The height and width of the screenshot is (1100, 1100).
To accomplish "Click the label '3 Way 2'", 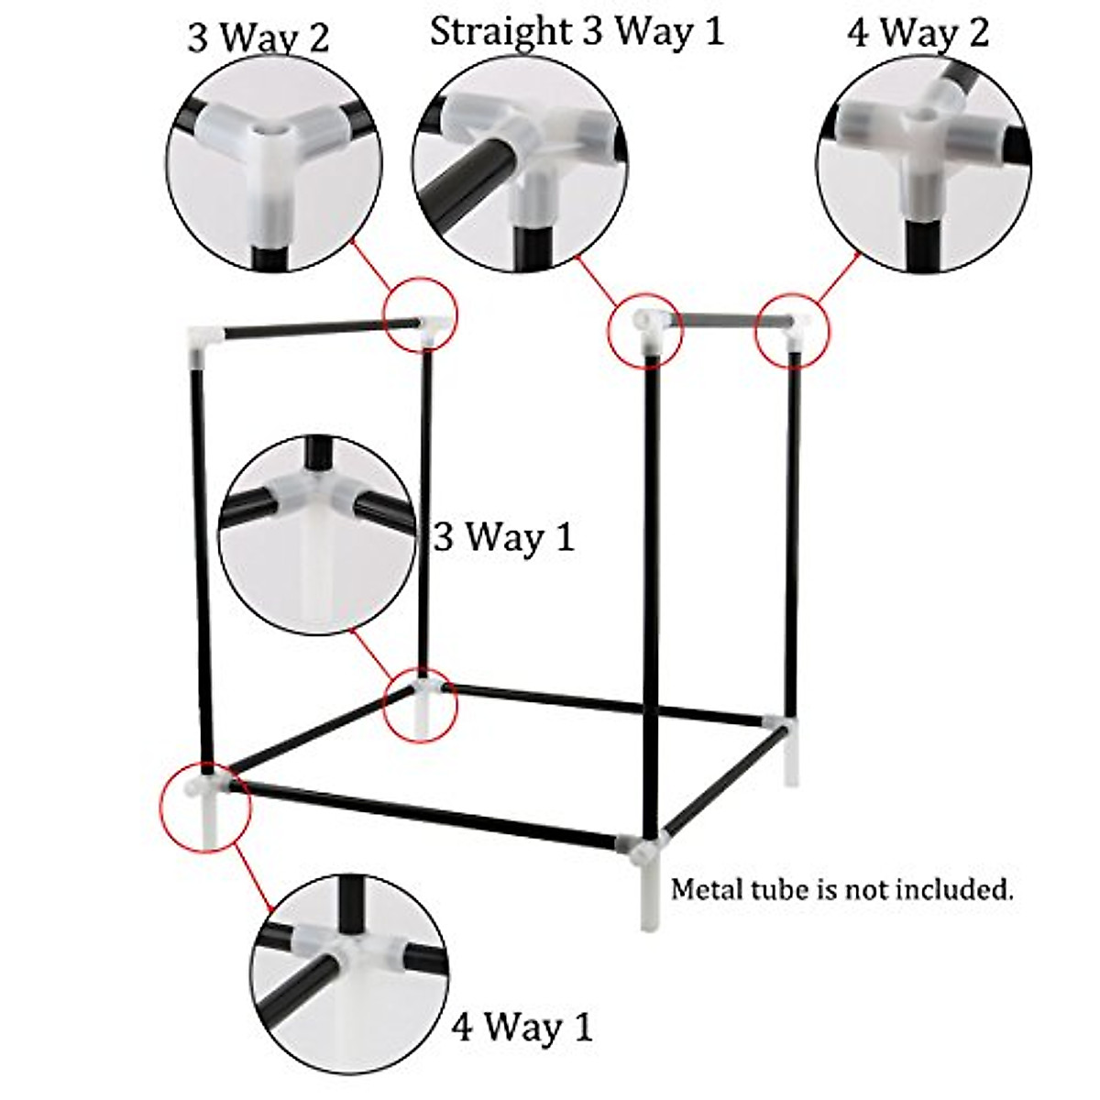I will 258,38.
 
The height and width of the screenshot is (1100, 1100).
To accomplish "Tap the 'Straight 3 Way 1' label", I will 577,31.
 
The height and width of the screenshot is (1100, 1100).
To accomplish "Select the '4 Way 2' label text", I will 918,33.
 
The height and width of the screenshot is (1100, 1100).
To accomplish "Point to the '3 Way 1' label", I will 504,536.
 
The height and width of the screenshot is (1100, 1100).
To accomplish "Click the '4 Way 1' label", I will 522,1026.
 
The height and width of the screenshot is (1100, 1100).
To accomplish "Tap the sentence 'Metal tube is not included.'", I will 842,889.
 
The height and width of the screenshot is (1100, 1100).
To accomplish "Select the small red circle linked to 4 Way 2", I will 791,330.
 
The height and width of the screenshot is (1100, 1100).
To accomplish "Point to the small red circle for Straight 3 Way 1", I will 646,330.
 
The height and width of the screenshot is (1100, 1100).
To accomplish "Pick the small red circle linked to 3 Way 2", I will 421,313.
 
